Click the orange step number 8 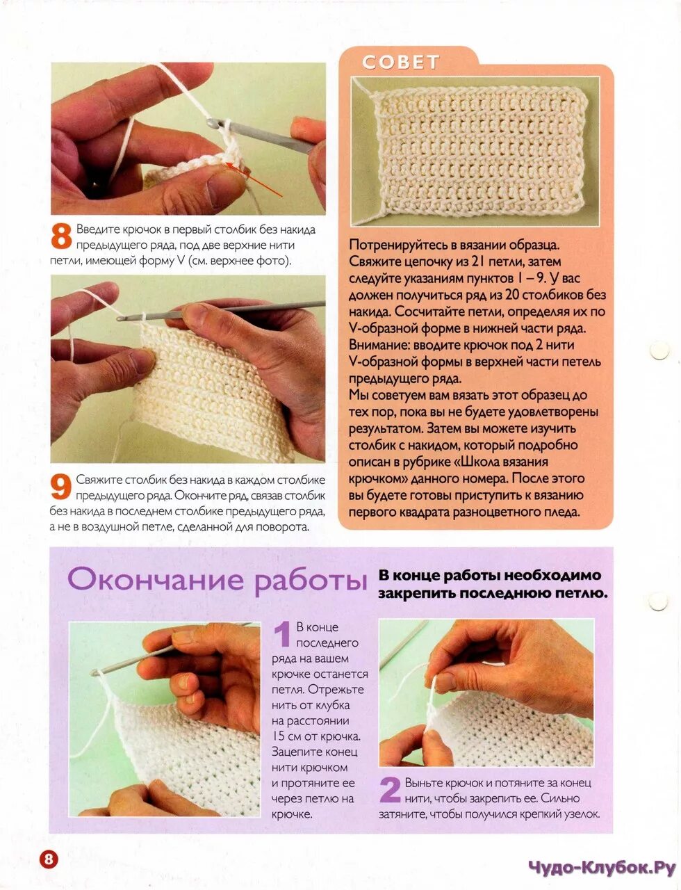[x=61, y=236]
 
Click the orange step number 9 [x=61, y=487]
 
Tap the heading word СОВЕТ [x=401, y=63]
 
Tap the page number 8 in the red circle [x=49, y=858]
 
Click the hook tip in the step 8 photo [x=211, y=122]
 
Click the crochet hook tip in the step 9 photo [x=120, y=318]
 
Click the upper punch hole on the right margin [x=659, y=350]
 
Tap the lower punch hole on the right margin [x=659, y=601]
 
